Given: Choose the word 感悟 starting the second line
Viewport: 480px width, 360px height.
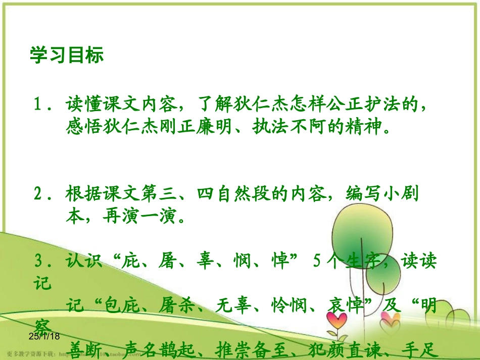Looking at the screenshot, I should point(83,126).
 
